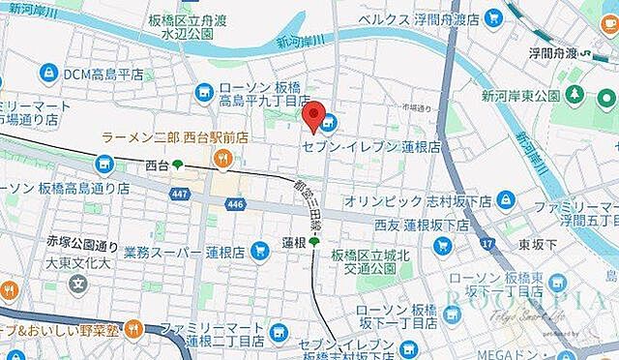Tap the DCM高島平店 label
click(103, 74)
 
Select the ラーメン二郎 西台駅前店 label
click(174, 137)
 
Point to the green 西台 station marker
click(178, 165)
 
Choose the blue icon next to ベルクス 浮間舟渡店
click(494, 18)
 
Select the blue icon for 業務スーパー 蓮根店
click(258, 251)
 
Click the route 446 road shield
click(235, 205)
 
